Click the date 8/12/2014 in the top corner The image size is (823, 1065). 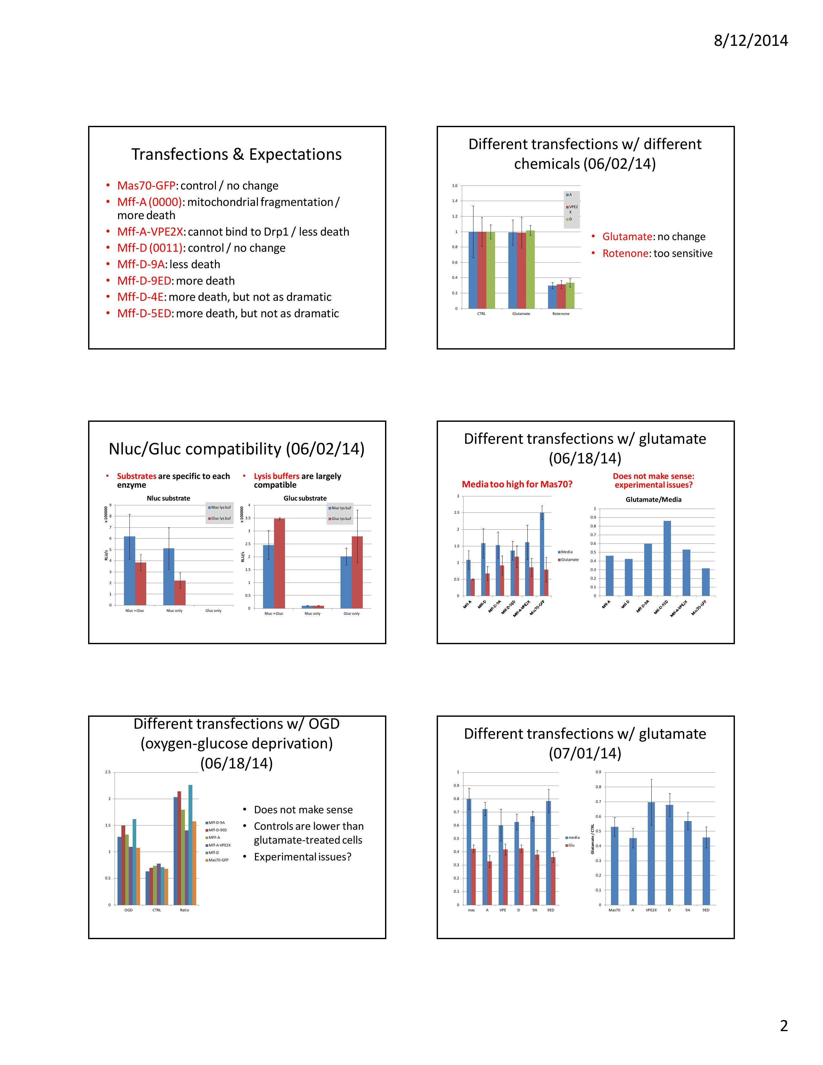[750, 40]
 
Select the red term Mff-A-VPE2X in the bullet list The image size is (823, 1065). [150, 232]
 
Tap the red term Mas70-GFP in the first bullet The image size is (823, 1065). [146, 186]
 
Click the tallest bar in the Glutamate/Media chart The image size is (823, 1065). [667, 558]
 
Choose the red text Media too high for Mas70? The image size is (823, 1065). [517, 484]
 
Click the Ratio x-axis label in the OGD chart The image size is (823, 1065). [184, 910]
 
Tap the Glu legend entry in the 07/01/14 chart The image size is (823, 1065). [571, 845]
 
